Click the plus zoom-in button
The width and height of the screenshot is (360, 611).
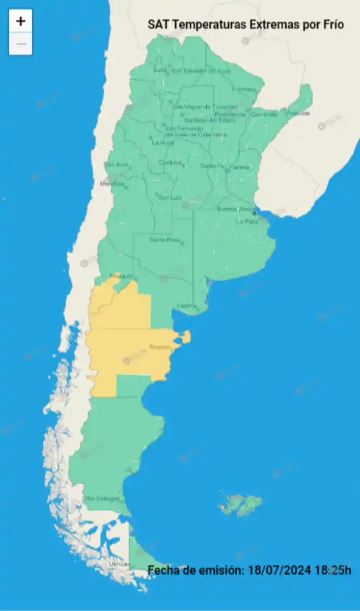tap(20, 21)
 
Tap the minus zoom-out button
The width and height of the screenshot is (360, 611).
tap(20, 44)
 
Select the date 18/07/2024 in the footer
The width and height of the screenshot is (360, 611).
tap(279, 570)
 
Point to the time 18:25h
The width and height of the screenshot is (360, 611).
tap(333, 570)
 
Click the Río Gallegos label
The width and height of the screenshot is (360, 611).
tap(102, 498)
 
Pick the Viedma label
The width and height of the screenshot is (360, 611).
tap(186, 306)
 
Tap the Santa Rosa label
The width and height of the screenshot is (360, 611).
tap(164, 240)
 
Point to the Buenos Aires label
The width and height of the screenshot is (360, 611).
tap(235, 209)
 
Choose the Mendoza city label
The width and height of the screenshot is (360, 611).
tap(112, 184)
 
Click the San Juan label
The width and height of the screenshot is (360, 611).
tap(116, 164)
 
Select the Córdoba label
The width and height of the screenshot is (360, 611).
tap(170, 163)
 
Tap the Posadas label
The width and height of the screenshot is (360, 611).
tap(298, 113)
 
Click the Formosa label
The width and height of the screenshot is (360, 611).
tap(243, 90)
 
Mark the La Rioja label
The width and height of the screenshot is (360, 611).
tap(163, 143)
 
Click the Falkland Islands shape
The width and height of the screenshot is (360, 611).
tap(241, 503)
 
